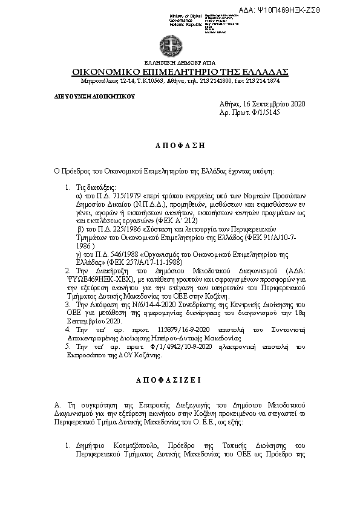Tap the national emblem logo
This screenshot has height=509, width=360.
166,45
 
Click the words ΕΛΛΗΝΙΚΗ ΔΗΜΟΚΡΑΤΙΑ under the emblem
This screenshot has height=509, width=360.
166,63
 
